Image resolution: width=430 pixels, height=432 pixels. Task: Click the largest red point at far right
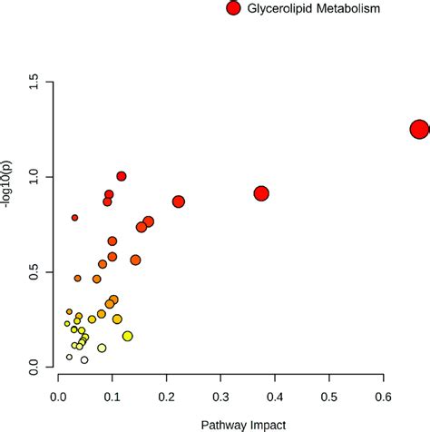click(419, 129)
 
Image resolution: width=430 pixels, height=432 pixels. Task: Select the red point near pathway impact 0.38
click(261, 193)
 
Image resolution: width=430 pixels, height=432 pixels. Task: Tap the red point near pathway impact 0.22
click(179, 201)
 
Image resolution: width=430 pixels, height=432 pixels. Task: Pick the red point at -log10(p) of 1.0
click(121, 176)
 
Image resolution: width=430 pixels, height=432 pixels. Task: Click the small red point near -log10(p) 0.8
click(74, 218)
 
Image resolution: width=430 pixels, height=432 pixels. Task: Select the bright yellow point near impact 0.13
click(127, 336)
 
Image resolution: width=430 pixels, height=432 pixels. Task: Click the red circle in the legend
click(233, 9)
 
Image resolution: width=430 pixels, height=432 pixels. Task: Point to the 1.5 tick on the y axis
click(35, 82)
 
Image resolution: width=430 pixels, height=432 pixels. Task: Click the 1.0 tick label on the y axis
click(35, 177)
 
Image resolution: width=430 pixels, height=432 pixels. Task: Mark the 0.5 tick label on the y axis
click(35, 272)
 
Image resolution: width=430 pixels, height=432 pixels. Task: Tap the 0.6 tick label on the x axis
click(384, 397)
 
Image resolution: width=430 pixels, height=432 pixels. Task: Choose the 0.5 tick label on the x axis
click(329, 397)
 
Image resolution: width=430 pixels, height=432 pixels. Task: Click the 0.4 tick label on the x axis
click(275, 397)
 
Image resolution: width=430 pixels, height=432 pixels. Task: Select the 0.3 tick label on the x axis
click(221, 397)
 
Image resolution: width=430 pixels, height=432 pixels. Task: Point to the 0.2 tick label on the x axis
click(167, 397)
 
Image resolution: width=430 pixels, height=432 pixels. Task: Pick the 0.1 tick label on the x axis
click(112, 397)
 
